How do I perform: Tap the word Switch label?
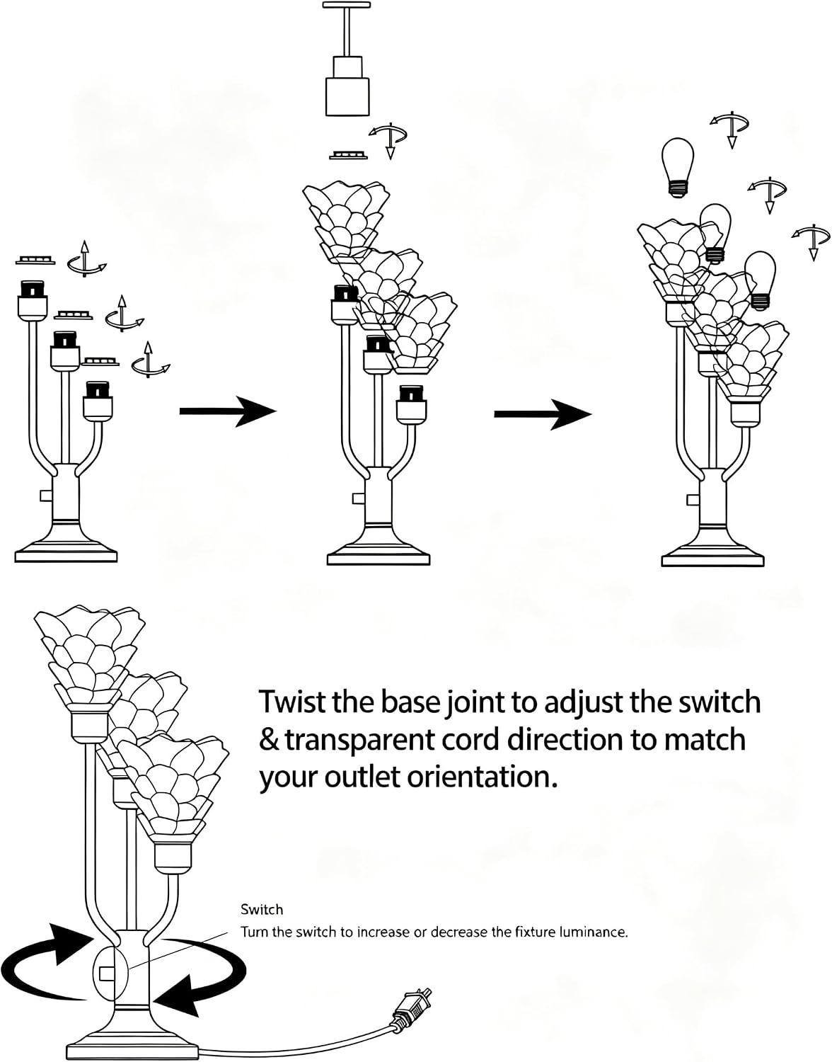click(262, 910)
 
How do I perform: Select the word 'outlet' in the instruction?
click(364, 777)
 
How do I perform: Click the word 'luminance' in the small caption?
click(590, 932)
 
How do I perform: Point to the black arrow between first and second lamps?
click(228, 411)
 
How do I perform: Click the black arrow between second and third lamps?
click(543, 414)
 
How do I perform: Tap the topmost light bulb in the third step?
click(677, 167)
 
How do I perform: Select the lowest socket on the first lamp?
click(98, 401)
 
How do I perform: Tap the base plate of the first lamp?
click(66, 556)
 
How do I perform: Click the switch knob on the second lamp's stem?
click(357, 499)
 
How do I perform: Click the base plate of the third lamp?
click(712, 560)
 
